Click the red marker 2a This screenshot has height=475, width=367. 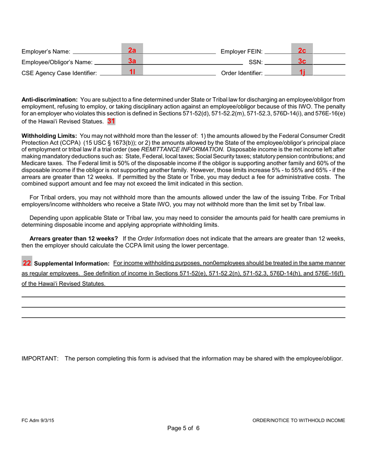[132, 50]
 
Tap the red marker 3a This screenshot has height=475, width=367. [132, 61]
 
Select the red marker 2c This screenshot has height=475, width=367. [302, 50]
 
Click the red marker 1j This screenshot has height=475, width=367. [302, 72]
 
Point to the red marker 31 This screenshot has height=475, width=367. [111, 121]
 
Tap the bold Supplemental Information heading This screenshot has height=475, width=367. [72, 264]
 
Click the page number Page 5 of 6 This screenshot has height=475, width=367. [183, 428]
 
